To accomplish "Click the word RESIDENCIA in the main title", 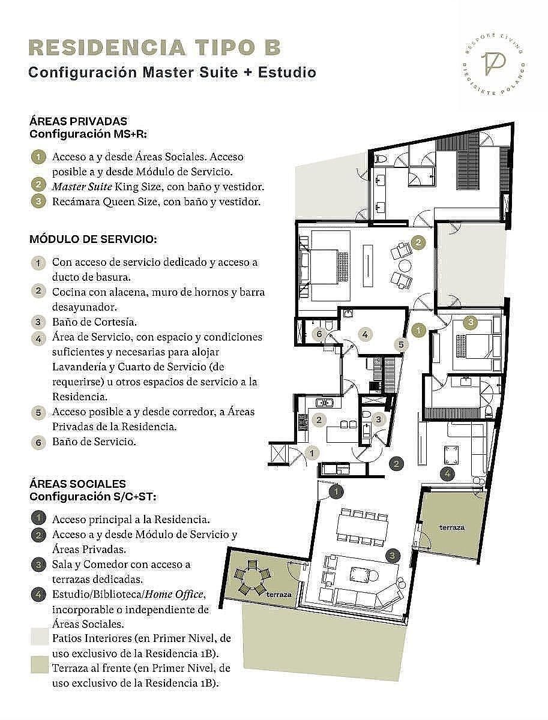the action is tap(107, 48).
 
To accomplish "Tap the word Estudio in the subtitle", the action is tap(287, 73).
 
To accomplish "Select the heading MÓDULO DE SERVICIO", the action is tap(93, 239).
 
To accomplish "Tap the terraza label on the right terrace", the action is tap(452, 528).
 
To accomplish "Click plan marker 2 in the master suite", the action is tap(418, 243).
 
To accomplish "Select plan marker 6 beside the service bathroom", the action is tap(319, 334).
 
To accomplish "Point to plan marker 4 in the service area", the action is tap(365, 335).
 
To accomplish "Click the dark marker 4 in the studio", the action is tap(447, 473).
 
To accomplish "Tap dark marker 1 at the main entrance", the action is tap(336, 491).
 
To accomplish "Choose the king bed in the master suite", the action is tap(324, 266).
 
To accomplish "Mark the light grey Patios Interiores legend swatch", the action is tap(40, 637).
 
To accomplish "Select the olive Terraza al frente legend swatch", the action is tap(40, 665).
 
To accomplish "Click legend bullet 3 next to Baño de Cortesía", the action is tap(38, 322).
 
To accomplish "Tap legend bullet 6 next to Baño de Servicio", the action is tap(38, 442).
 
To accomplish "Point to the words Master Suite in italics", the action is tap(82, 187).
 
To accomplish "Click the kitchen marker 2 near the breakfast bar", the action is tap(319, 419).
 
